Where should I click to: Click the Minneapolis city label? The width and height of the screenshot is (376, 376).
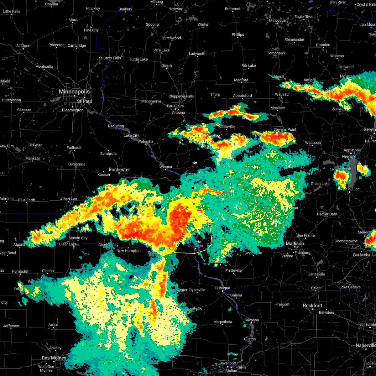(74, 92)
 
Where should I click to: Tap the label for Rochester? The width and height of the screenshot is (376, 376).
(119, 170)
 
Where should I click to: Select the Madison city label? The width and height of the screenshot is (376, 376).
(295, 243)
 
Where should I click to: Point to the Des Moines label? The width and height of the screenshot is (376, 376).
(54, 358)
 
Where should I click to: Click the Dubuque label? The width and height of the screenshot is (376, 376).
(222, 288)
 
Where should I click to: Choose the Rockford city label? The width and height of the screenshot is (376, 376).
(312, 305)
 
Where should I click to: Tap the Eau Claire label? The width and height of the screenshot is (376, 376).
(175, 106)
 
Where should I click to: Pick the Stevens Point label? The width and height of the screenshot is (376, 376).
(285, 129)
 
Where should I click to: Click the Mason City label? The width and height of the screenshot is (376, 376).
(78, 238)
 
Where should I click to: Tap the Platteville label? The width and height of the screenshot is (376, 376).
(233, 270)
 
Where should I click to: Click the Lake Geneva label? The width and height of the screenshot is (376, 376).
(350, 287)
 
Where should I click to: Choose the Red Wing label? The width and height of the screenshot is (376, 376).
(116, 126)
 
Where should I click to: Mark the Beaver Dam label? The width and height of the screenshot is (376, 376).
(327, 214)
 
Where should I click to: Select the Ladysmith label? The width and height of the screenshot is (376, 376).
(197, 54)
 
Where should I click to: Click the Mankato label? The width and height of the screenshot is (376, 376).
(33, 158)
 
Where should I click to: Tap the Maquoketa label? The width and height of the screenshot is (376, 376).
(222, 322)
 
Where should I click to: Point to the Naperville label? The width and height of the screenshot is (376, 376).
(365, 345)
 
